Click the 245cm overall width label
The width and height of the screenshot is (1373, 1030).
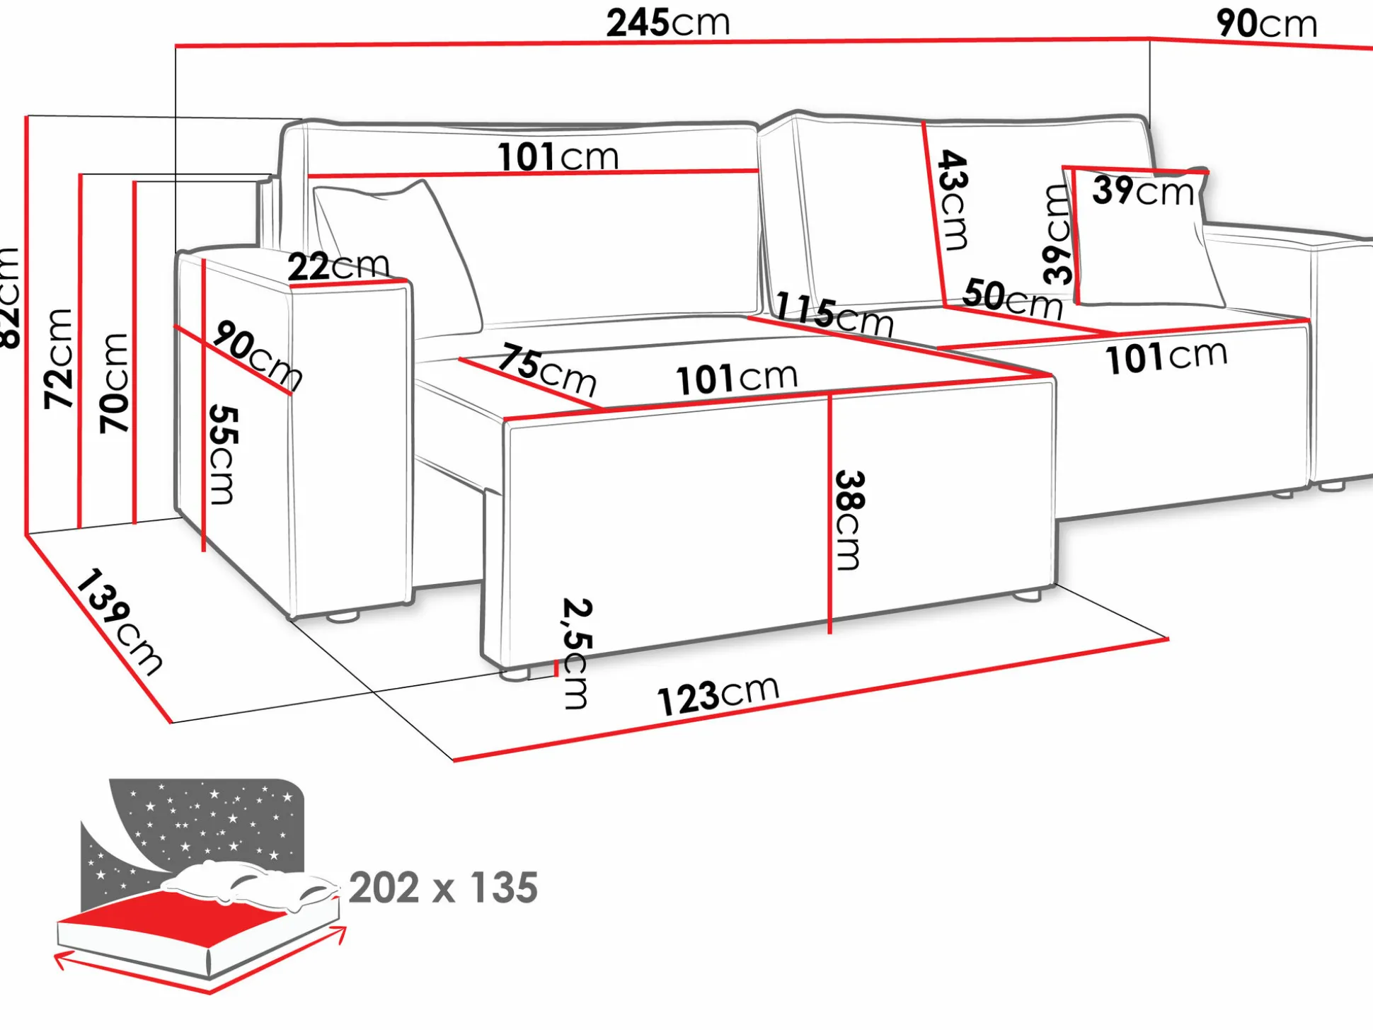coord(668,23)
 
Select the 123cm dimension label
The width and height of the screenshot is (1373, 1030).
coord(718,696)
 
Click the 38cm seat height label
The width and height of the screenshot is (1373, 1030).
coord(849,520)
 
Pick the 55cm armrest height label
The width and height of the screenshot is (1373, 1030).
coord(224,454)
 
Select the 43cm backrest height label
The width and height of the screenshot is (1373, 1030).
coord(953,200)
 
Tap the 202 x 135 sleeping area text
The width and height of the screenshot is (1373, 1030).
coord(443,888)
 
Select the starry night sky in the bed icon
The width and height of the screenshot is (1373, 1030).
coord(212,821)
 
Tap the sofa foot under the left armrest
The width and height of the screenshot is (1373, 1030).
coord(344,617)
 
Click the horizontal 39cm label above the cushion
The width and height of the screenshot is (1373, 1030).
coord(1142,190)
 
